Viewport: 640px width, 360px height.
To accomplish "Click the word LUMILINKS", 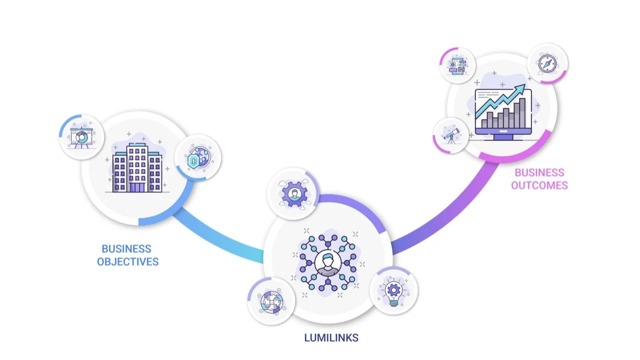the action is pos(331,337).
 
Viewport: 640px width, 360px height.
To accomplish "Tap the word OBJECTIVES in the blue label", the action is pos(127,261).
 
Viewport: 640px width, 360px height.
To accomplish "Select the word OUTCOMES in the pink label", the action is pos(539,185).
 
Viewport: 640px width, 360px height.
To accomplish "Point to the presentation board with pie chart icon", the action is pos(80,137).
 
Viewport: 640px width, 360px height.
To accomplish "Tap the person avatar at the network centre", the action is pos(328,263).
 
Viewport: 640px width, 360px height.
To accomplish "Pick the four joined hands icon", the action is pos(270,301).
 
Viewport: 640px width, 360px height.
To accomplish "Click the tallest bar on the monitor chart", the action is pos(522,113).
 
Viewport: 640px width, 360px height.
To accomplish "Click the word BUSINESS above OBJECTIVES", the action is pos(126,248).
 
